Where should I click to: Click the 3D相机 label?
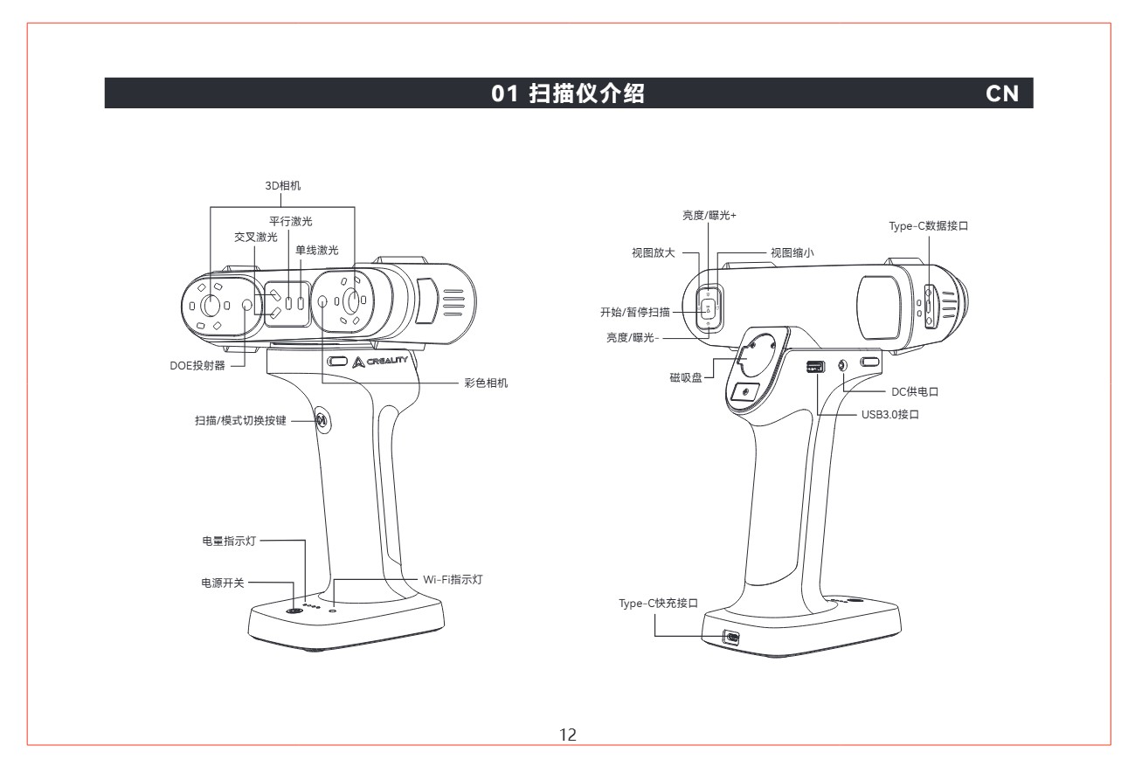[x=283, y=186]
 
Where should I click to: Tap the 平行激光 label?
[x=291, y=221]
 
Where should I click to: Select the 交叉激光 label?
[x=256, y=237]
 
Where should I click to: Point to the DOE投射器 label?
[x=197, y=366]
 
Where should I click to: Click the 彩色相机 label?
[x=486, y=383]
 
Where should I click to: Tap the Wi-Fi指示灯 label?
[x=453, y=579]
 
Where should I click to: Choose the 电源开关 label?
[x=223, y=583]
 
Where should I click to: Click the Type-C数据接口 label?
[x=929, y=226]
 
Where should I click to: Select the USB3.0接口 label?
[x=890, y=415]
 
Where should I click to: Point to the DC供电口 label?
[x=915, y=392]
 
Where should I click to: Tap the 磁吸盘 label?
[x=686, y=378]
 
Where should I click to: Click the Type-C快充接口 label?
[x=658, y=604]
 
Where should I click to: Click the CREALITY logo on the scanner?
[x=380, y=362]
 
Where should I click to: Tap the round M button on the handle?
[x=322, y=420]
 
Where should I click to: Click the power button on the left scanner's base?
[x=294, y=611]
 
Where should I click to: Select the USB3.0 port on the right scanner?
[x=815, y=366]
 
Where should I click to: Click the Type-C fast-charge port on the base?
[x=730, y=638]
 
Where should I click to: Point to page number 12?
[x=568, y=735]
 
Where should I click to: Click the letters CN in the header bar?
[x=1001, y=93]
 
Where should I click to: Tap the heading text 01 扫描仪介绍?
[x=568, y=93]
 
